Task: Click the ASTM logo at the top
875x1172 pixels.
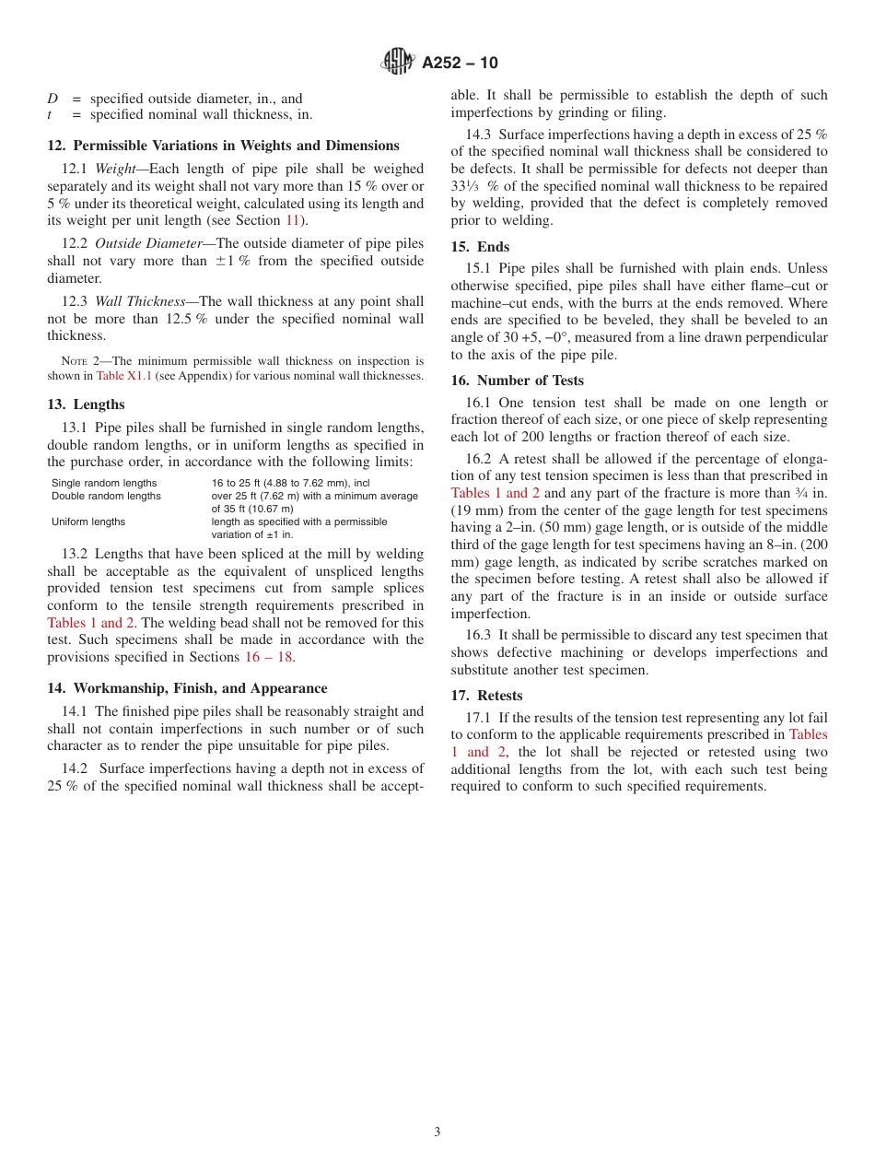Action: [398, 62]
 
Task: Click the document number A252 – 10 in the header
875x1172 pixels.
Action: [460, 63]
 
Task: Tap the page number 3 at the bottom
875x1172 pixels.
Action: [437, 1131]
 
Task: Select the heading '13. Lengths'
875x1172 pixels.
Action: [86, 404]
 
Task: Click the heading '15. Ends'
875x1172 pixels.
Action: [480, 247]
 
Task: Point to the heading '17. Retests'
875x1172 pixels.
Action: [486, 696]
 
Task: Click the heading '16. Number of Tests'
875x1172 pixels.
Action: [517, 381]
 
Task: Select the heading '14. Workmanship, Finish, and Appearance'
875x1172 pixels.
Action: [187, 688]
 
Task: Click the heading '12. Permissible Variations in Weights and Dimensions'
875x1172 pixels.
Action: [223, 146]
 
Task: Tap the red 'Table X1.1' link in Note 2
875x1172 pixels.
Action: [124, 376]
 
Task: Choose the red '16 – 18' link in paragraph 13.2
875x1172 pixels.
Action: [268, 657]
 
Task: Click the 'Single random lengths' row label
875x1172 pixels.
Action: [104, 483]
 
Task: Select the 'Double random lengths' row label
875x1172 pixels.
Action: [106, 496]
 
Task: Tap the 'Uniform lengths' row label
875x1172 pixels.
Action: [88, 522]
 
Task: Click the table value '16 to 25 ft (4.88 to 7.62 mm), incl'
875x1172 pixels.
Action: [290, 483]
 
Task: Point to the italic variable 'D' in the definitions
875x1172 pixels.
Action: [52, 99]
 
